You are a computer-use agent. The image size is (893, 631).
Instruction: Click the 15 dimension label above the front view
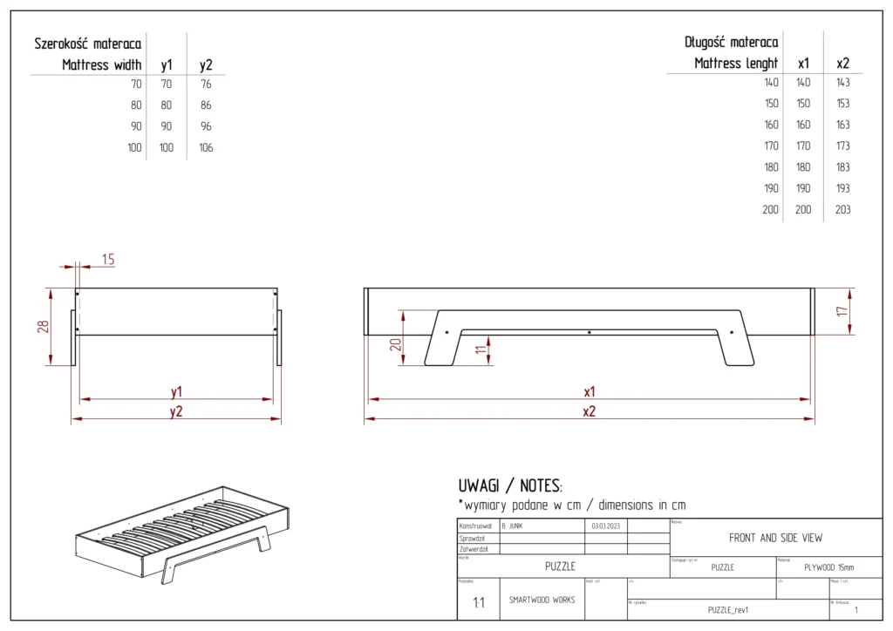point(108,259)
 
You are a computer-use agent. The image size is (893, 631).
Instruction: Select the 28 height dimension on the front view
point(42,326)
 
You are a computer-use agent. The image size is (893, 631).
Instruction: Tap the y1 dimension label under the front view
point(176,391)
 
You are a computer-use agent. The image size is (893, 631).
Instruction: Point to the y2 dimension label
point(176,411)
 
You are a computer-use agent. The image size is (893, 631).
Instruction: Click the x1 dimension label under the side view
point(590,391)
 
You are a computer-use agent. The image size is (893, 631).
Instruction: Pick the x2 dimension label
point(590,411)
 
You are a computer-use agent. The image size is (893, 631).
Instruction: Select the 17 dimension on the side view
point(842,310)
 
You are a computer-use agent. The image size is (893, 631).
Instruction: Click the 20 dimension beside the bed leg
point(395,343)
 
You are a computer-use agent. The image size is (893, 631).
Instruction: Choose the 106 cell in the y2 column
point(206,147)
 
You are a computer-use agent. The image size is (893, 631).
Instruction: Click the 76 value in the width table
point(206,85)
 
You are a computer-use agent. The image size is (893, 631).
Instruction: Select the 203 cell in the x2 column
point(842,209)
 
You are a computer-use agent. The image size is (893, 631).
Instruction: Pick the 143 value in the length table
point(842,83)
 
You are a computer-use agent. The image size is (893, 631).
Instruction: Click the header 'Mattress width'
point(102,64)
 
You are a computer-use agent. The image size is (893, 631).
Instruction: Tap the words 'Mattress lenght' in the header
point(736,63)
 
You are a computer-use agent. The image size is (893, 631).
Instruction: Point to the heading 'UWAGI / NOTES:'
point(510,485)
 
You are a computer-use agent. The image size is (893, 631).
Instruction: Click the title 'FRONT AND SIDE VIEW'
point(775,538)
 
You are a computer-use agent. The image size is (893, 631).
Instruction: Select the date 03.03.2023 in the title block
point(604,526)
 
